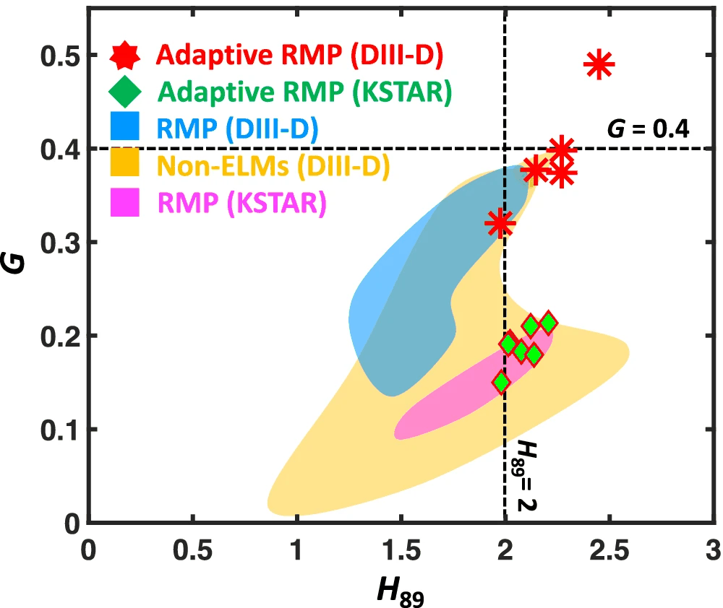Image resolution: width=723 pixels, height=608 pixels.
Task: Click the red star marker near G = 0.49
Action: tap(599, 65)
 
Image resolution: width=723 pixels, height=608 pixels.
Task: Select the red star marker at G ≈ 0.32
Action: tap(500, 223)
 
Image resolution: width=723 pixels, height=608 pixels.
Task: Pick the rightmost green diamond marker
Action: tap(548, 322)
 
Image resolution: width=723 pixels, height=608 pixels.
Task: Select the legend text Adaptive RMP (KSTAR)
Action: tap(304, 92)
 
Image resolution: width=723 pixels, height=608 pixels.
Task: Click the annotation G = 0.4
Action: tap(648, 129)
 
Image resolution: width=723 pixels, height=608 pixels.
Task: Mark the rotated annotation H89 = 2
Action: tap(528, 477)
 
